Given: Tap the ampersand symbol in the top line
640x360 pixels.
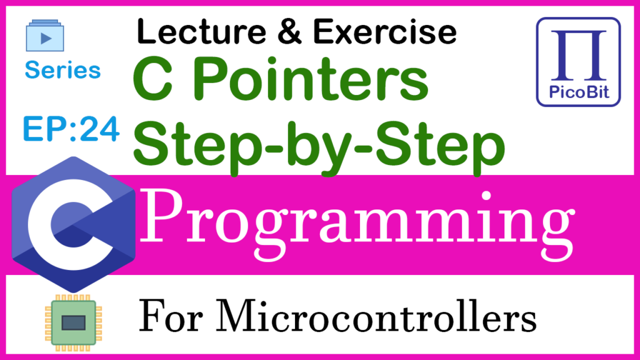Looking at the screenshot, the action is (289, 32).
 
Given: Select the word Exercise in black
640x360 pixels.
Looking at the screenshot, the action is (385, 32).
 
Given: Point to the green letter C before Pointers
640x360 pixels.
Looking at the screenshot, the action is (153, 79).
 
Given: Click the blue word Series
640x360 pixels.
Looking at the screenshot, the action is (62, 70).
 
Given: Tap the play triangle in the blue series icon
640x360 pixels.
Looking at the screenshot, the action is (46, 38).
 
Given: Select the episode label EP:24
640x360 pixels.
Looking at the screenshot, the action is (71, 129).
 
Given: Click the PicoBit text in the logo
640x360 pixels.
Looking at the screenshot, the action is (579, 92).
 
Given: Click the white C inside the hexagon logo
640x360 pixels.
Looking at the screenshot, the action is (70, 224).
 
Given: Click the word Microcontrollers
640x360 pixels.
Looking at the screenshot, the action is (376, 316).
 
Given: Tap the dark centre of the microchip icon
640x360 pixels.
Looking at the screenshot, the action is (74, 323).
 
